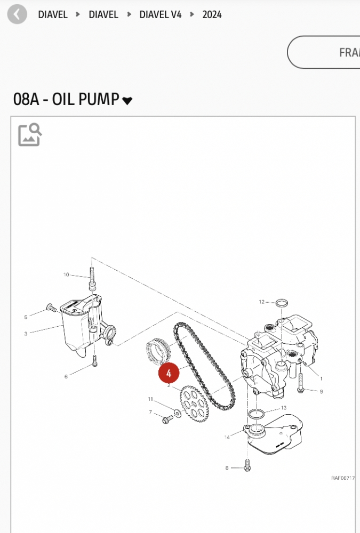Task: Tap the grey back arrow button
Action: (17, 14)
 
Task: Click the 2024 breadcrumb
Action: (212, 14)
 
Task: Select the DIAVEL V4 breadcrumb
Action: (160, 14)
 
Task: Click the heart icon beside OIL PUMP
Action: (127, 101)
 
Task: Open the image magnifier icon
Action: (30, 135)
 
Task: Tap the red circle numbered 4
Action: (169, 373)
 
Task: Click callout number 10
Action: (66, 274)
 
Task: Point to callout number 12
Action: (261, 302)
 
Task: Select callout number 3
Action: (26, 334)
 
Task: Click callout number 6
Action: (66, 376)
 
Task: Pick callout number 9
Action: (321, 391)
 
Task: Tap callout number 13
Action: (284, 408)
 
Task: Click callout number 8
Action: (227, 468)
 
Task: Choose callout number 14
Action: (227, 437)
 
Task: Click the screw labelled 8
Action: (247, 465)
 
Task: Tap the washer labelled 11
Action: (178, 414)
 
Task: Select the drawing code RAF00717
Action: (343, 478)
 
